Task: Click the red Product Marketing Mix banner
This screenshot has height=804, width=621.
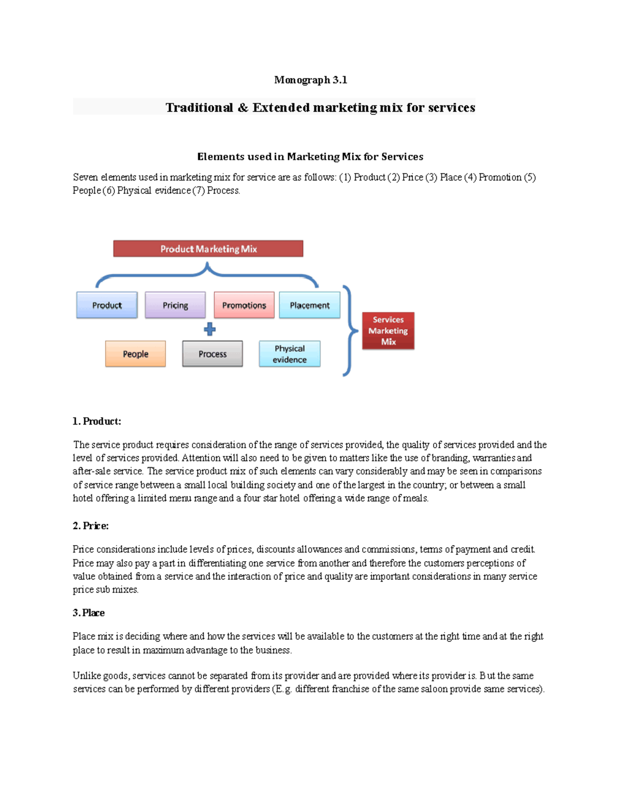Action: (x=208, y=248)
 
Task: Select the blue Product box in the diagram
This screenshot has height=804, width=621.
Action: (x=107, y=305)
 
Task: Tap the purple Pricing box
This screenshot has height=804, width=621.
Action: (x=175, y=305)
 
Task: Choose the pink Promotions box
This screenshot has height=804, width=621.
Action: (x=244, y=305)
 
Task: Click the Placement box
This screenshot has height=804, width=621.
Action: (x=309, y=305)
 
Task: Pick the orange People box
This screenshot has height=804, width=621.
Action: (x=135, y=354)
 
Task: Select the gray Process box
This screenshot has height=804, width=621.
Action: (x=212, y=354)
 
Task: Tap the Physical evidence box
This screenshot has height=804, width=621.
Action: (x=289, y=354)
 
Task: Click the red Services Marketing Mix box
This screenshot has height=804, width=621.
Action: (x=388, y=330)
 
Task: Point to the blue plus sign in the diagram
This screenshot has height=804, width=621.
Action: (x=210, y=329)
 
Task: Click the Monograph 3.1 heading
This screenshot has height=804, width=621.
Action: (x=310, y=80)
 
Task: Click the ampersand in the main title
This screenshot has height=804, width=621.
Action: (x=243, y=108)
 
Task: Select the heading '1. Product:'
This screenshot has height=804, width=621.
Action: (x=97, y=421)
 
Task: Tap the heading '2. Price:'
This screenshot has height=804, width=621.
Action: (x=91, y=525)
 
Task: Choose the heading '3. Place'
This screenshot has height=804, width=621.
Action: (x=88, y=612)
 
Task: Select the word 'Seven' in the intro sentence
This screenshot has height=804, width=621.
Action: (x=85, y=177)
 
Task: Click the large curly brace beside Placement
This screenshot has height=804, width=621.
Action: (x=350, y=330)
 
